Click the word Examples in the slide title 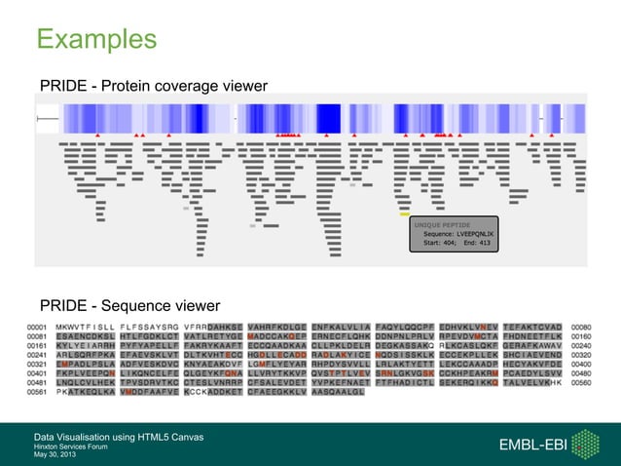click(96, 39)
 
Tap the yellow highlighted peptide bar click(404, 214)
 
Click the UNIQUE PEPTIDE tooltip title click(444, 224)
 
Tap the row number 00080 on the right click(582, 328)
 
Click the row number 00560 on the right click(582, 383)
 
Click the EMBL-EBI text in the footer click(531, 445)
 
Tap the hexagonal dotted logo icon click(586, 445)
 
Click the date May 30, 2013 click(55, 454)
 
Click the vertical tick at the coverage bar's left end click(37, 119)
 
